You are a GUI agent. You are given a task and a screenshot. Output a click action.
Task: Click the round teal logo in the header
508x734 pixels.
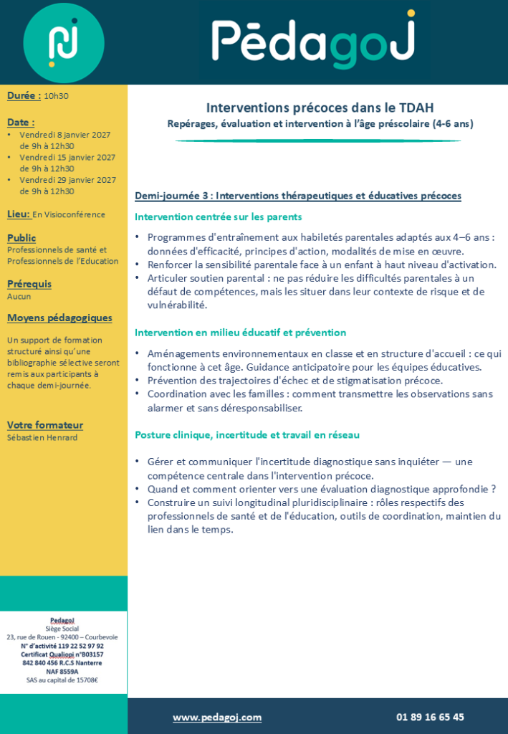64,42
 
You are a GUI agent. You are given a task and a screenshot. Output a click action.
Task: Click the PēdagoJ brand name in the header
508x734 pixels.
313,41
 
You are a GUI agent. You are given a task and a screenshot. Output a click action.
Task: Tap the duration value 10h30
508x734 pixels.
56,96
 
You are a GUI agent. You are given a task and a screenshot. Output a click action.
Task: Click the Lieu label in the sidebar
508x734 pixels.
19,214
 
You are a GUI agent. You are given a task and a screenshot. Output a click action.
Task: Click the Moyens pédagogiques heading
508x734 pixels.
59,318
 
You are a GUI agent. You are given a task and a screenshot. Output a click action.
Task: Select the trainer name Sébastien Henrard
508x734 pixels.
42,437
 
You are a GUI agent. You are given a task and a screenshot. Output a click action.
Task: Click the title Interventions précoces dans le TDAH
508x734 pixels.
320,108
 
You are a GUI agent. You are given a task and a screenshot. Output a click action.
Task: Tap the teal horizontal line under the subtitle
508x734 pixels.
318,140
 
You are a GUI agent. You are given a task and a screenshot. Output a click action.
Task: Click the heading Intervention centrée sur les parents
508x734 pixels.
218,216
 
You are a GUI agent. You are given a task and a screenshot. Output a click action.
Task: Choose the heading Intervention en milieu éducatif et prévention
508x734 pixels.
240,333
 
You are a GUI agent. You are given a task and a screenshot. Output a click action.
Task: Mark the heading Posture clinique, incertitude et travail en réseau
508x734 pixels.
247,434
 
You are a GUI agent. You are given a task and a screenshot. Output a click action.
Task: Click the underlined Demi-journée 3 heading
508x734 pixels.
297,196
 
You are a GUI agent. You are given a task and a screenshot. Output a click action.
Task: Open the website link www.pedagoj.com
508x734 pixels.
217,717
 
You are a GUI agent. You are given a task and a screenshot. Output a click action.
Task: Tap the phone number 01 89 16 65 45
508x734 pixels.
430,717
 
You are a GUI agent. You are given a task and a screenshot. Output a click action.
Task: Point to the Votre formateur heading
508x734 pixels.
45,425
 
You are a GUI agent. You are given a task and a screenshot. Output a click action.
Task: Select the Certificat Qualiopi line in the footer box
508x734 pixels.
62,654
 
